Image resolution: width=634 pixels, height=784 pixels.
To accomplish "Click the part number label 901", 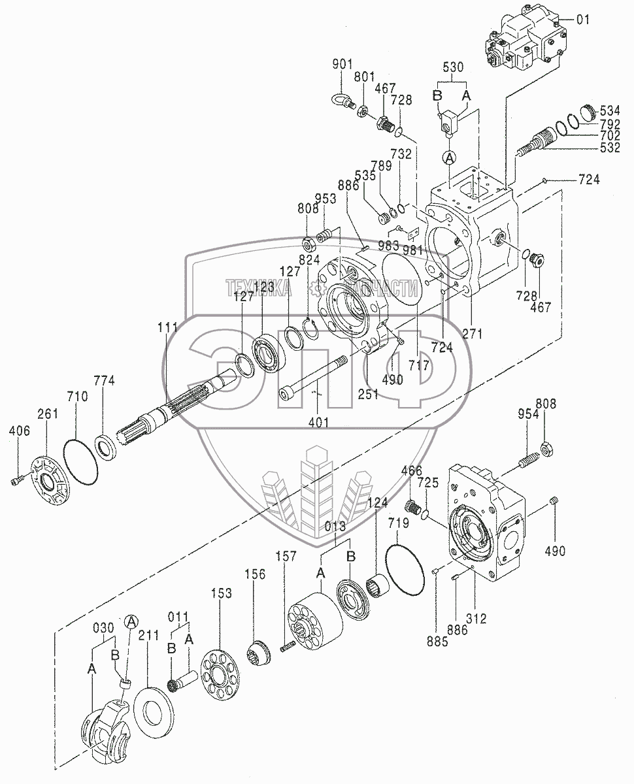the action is point(342,64).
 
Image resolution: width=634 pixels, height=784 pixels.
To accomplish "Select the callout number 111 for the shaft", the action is point(168,327).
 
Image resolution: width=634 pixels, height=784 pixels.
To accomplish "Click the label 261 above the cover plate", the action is point(48,414).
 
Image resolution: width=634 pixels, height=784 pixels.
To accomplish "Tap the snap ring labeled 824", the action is point(310,329).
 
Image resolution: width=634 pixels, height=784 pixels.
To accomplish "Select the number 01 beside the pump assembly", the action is point(583,20).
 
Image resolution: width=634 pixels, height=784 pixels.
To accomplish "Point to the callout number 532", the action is point(610,148).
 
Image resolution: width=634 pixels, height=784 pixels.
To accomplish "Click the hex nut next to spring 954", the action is point(548,450).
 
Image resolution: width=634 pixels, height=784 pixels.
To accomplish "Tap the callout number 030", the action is point(103,628).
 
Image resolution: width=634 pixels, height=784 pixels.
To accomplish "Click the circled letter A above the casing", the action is point(449,158).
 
